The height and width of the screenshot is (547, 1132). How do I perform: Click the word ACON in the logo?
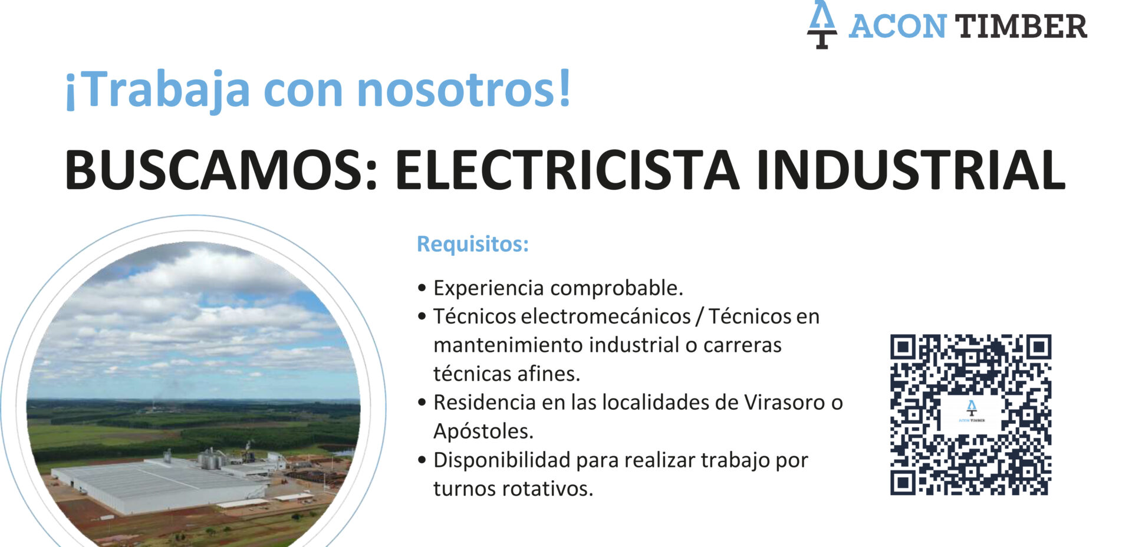pyautogui.click(x=897, y=27)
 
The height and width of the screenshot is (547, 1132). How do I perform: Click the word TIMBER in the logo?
pyautogui.click(x=1021, y=27)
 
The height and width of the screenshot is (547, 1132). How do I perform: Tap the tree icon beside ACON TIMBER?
pyautogui.click(x=822, y=24)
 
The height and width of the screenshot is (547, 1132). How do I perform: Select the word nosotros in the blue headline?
pyautogui.click(x=464, y=89)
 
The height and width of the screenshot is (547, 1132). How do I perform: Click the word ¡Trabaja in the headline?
pyautogui.click(x=157, y=90)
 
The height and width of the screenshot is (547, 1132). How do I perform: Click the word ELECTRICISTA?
pyautogui.click(x=567, y=170)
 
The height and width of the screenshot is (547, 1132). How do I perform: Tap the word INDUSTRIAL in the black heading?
pyautogui.click(x=911, y=170)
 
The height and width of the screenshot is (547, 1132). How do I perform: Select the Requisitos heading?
pyautogui.click(x=473, y=244)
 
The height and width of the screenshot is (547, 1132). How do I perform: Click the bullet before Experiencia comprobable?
pyautogui.click(x=422, y=288)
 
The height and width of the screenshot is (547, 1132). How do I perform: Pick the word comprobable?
pyautogui.click(x=616, y=288)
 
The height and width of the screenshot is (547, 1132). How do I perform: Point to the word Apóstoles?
pyautogui.click(x=483, y=431)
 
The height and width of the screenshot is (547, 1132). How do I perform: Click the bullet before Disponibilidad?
pyautogui.click(x=422, y=460)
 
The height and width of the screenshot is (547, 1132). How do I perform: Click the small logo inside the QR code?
pyautogui.click(x=971, y=411)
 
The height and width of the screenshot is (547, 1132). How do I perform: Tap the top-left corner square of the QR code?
pyautogui.click(x=903, y=347)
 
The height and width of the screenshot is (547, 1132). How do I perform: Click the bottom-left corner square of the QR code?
pyautogui.click(x=903, y=483)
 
